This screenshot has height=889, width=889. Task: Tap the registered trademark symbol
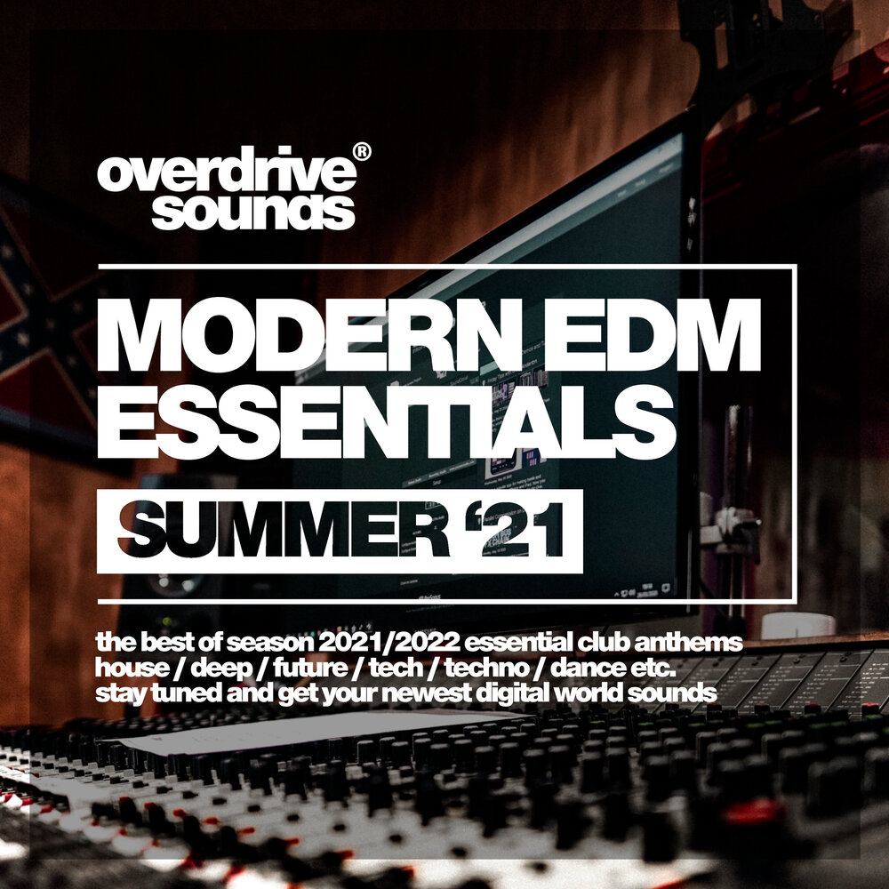pos(362,151)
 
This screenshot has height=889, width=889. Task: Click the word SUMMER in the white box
pos(284,531)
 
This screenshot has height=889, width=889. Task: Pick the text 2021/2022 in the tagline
pos(389,643)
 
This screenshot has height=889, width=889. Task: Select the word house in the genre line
pos(132,668)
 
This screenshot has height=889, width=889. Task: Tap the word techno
pos(486,668)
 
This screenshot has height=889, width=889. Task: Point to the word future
pos(310,668)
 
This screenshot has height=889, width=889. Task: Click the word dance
pos(586,668)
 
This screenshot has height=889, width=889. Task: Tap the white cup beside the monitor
pos(797,625)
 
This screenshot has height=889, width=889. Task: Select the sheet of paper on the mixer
pos(317,732)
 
